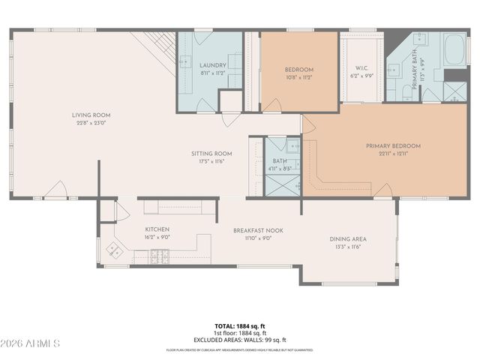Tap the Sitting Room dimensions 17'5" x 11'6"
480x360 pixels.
(211, 161)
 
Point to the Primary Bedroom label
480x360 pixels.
(393, 145)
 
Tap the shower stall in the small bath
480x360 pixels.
(280, 183)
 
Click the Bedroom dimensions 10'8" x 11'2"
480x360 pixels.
(298, 76)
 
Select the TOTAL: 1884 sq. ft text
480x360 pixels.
(240, 326)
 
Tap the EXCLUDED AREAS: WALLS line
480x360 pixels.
(240, 339)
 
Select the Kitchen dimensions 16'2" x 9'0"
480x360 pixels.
(157, 237)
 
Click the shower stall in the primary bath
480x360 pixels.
(454, 91)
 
